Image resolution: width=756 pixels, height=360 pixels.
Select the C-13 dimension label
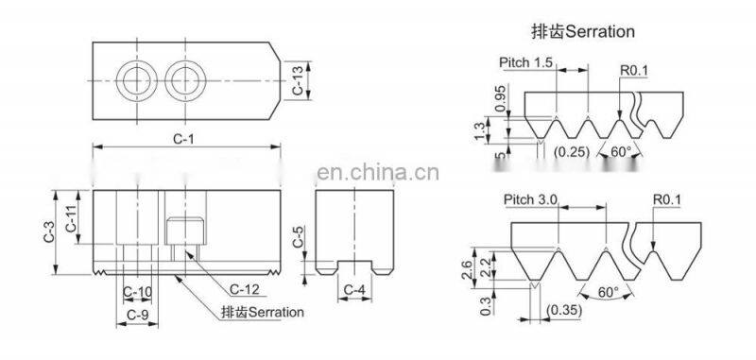[x=298, y=79]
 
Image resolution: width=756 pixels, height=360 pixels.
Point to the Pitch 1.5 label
[x=524, y=61]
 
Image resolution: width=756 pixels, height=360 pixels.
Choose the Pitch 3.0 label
[x=532, y=199]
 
